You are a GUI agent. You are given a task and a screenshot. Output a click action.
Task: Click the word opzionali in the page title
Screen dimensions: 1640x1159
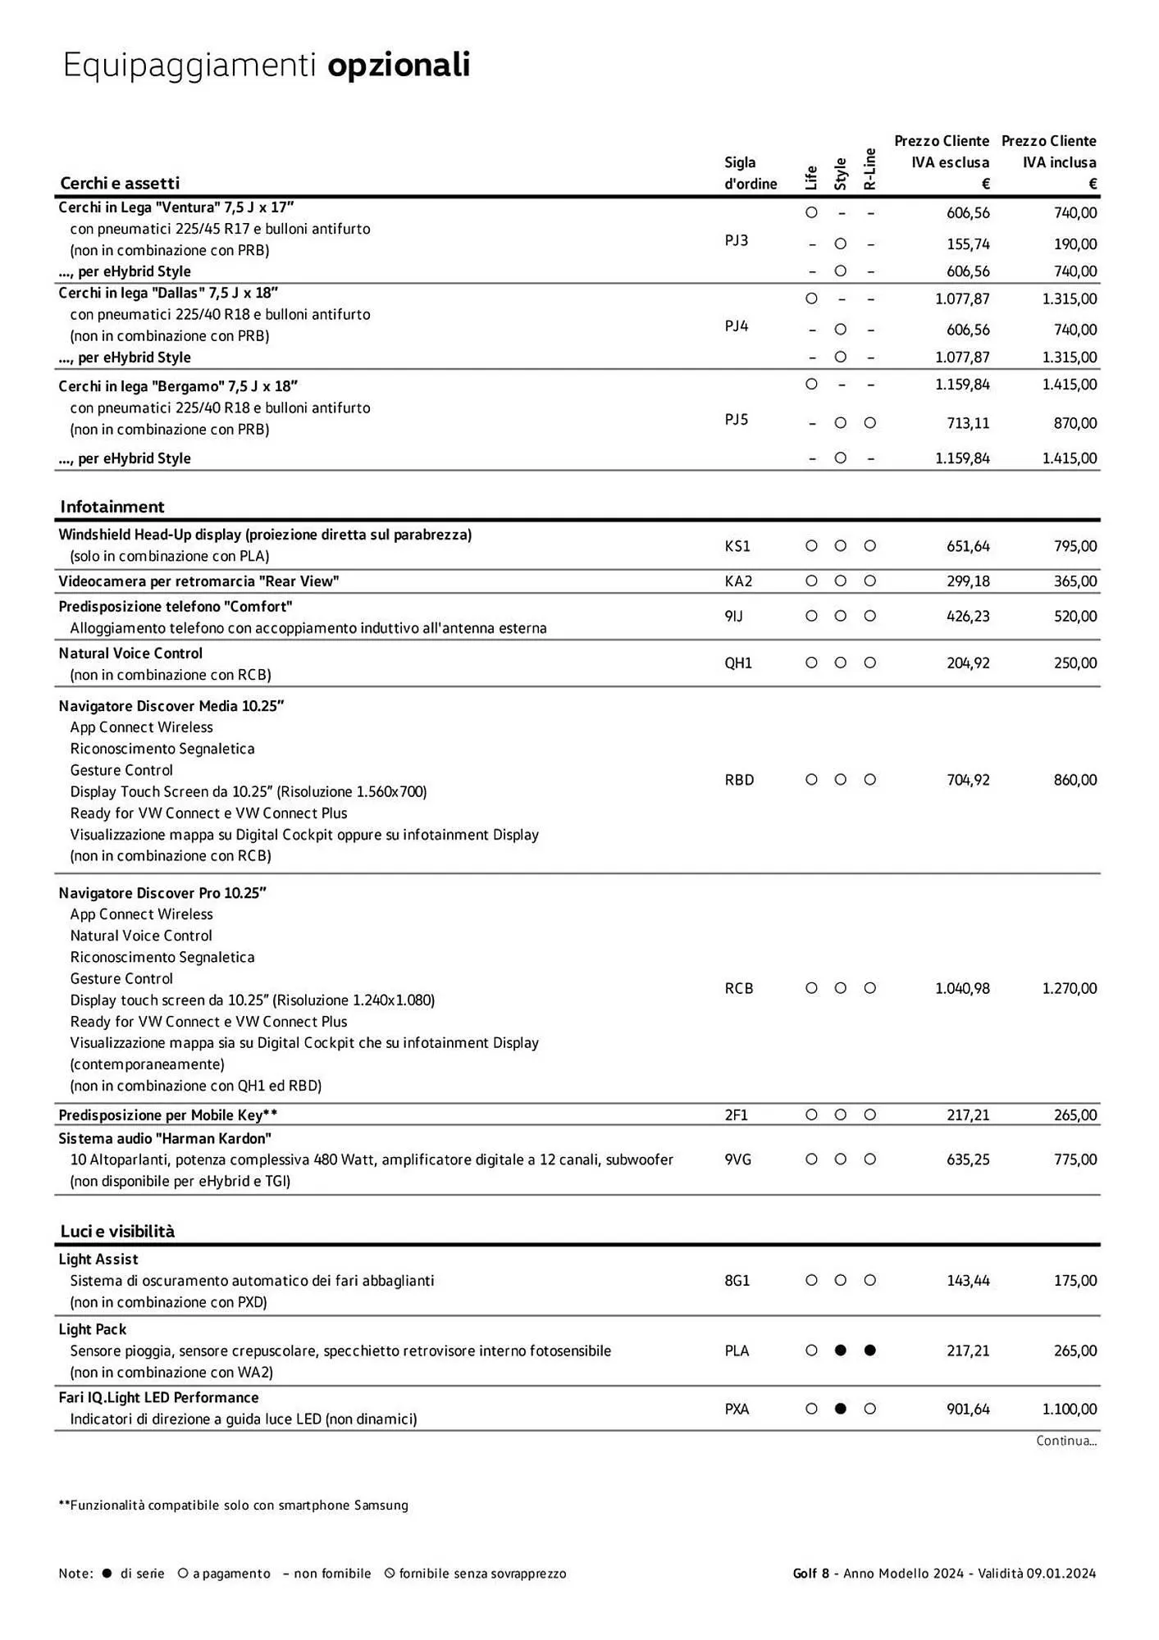(x=399, y=66)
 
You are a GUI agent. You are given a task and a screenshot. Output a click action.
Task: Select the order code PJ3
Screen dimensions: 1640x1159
(x=737, y=240)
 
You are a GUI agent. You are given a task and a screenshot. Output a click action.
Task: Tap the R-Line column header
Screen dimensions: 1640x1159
(x=870, y=169)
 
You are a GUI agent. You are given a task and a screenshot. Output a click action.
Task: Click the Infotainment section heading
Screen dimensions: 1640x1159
(x=112, y=507)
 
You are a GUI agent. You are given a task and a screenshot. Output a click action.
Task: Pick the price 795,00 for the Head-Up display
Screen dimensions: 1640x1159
(x=1075, y=546)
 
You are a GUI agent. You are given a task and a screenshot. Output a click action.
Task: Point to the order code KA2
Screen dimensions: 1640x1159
(x=738, y=581)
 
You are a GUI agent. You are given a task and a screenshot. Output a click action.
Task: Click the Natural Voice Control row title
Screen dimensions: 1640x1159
(x=130, y=654)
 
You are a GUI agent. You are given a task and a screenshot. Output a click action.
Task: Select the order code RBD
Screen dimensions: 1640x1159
(x=739, y=780)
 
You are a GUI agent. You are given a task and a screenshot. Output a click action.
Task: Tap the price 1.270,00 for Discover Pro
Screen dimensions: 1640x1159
(x=1069, y=989)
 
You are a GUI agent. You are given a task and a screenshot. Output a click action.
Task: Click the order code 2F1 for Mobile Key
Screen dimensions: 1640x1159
(x=737, y=1115)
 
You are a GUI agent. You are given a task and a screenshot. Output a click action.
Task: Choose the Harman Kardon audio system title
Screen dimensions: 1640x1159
(x=165, y=1138)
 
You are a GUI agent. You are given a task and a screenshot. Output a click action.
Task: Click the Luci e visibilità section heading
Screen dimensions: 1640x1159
(x=117, y=1232)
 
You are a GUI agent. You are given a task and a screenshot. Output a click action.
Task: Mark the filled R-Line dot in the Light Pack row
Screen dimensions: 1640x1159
(x=870, y=1351)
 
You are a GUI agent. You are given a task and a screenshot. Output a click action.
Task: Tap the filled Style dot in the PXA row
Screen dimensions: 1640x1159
(x=840, y=1409)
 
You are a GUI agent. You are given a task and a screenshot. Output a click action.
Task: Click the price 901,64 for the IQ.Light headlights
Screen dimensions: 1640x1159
(x=968, y=1410)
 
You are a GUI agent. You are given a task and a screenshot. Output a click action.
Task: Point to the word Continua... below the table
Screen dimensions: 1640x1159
(x=1065, y=1441)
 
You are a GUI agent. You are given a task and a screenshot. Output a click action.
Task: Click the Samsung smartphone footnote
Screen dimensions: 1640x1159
(x=233, y=1506)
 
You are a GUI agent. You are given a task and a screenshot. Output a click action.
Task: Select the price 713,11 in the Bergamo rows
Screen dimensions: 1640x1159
(x=968, y=423)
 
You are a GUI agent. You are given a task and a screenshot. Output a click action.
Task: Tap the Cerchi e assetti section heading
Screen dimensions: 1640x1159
(x=120, y=183)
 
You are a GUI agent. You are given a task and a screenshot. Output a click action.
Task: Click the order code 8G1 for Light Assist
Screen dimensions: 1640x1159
(x=737, y=1281)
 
